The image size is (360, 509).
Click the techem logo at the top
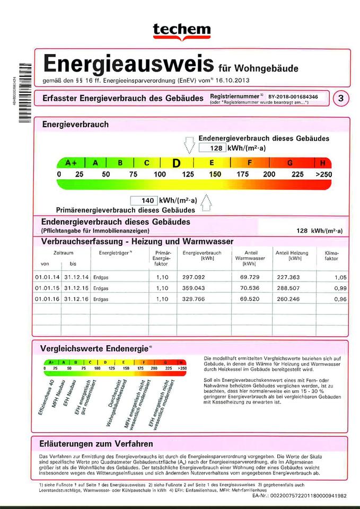point(181,31)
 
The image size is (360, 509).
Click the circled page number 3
point(340,99)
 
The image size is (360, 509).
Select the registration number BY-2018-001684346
point(293,97)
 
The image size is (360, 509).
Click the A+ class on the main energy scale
point(71,163)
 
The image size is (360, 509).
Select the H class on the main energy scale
point(323,163)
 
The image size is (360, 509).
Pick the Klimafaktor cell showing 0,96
point(340,299)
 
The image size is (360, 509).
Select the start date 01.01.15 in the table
point(47,288)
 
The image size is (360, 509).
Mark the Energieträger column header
point(115,253)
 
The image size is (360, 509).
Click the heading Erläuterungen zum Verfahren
point(96,443)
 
